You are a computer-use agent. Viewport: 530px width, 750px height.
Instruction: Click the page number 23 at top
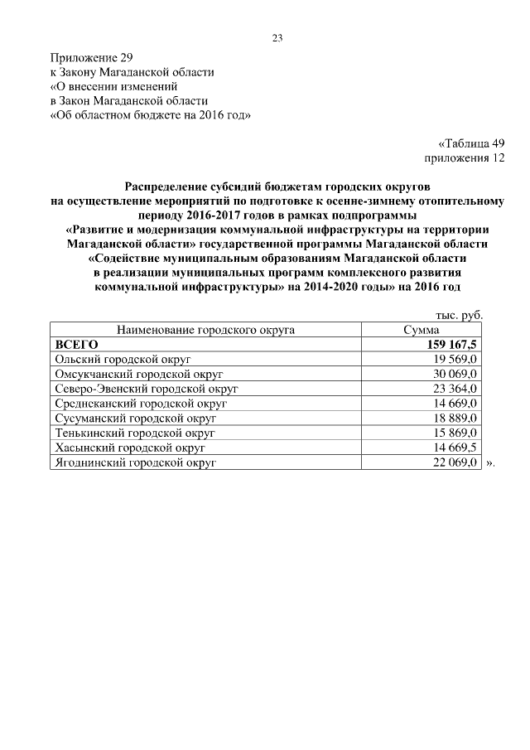click(277, 37)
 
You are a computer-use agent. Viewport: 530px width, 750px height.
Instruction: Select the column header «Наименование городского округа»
click(206, 330)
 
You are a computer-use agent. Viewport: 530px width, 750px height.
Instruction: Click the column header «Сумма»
click(421, 330)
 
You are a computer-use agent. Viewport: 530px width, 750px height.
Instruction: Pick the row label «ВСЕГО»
click(76, 344)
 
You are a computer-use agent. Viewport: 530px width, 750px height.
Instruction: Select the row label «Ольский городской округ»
click(123, 359)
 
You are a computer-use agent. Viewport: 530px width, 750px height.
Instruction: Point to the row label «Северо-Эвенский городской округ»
click(147, 389)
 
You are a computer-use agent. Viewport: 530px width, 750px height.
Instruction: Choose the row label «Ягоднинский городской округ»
click(135, 463)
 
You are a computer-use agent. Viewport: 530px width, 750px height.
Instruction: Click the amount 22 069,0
click(455, 463)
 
